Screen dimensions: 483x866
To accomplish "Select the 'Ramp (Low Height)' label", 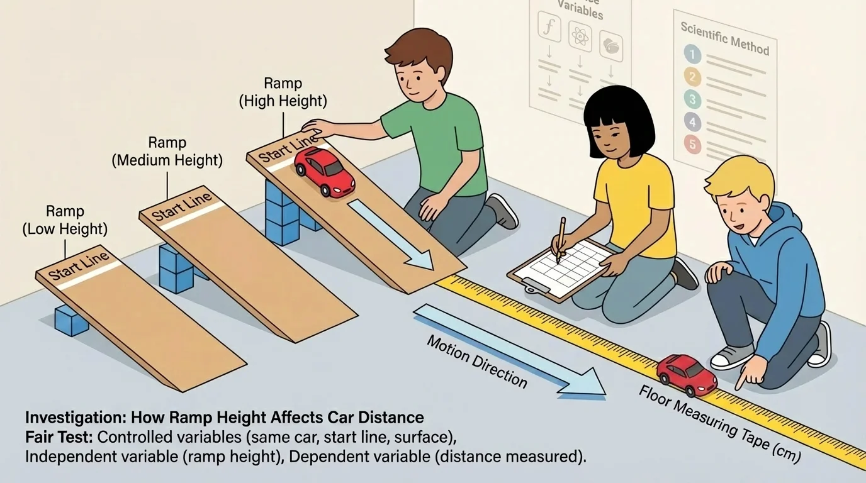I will click(65, 221).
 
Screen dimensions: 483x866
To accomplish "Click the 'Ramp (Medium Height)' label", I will click(167, 152).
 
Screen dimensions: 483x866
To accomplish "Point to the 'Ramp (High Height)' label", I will click(283, 92).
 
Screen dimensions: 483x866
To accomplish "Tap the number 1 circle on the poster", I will click(692, 55).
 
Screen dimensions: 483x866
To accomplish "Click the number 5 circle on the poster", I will click(692, 146).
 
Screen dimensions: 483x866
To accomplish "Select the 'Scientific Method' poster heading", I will click(724, 37).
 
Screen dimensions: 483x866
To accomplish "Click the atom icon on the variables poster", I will click(580, 37).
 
